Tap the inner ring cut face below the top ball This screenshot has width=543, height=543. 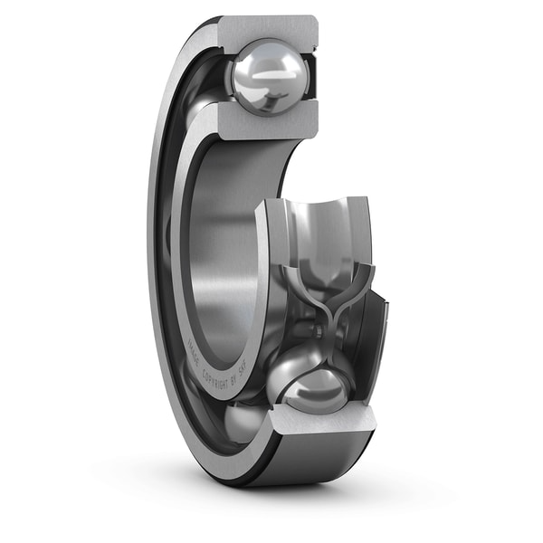click(262, 121)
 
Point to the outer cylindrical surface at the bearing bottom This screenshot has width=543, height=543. click(317, 457)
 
